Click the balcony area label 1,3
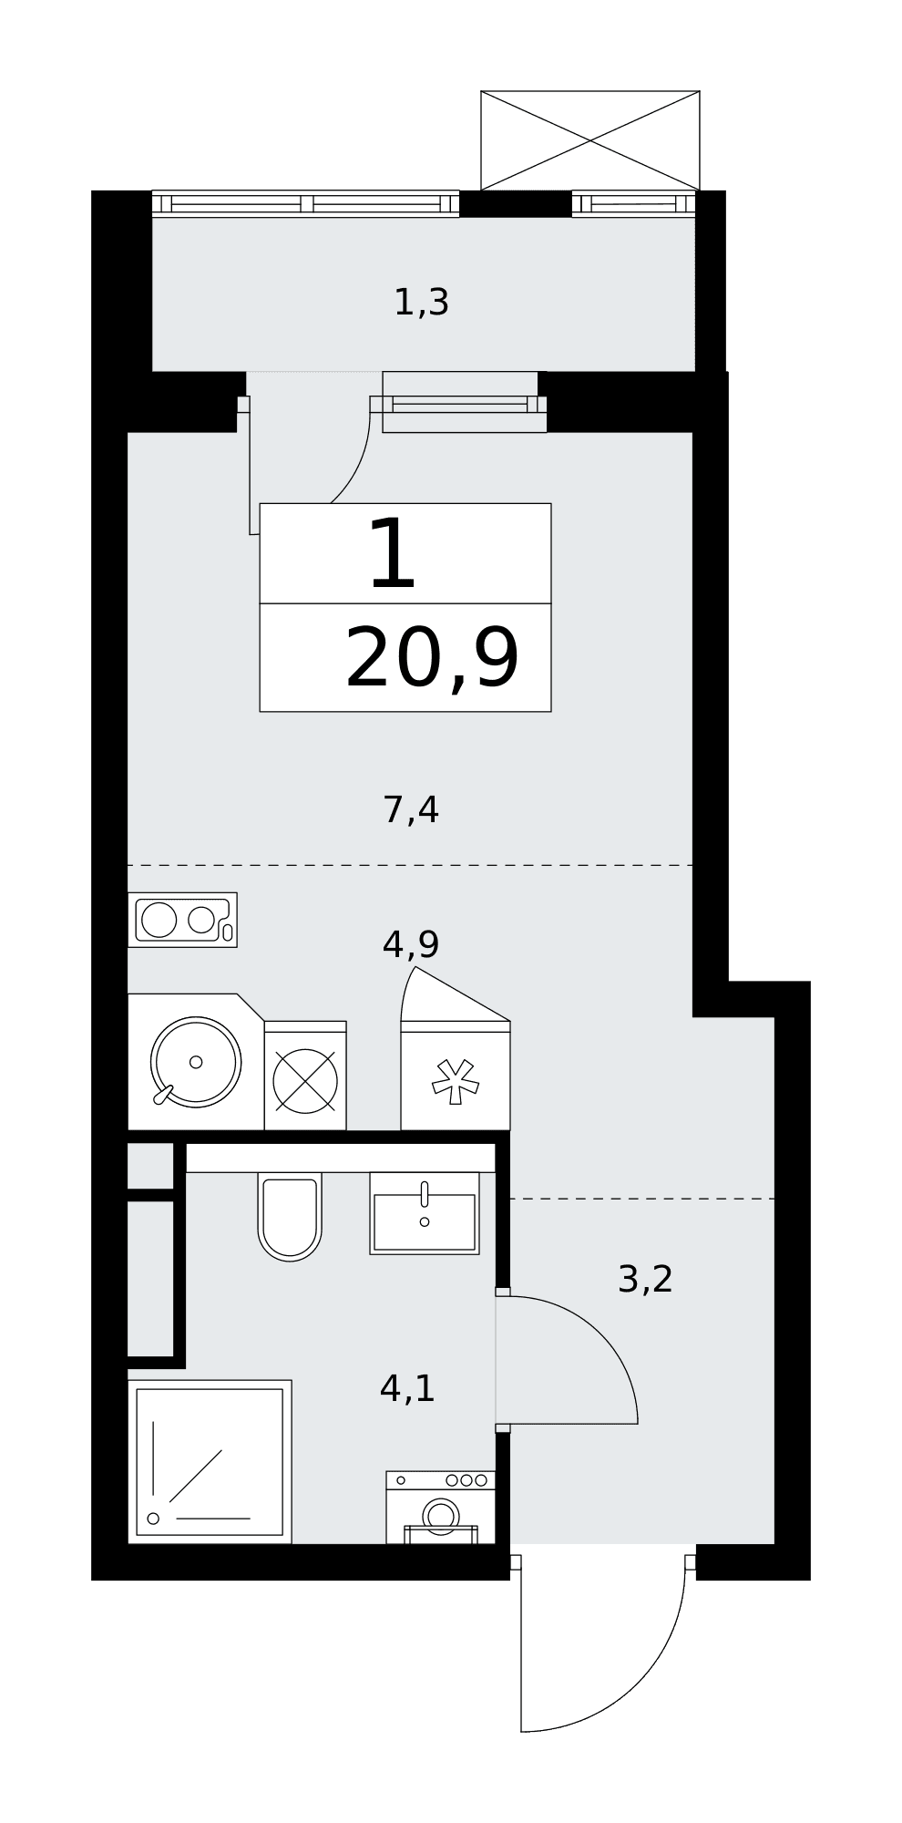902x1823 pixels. point(421,303)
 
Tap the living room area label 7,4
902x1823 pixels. point(411,809)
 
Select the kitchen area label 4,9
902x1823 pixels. point(411,944)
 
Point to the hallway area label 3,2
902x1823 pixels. point(645,1279)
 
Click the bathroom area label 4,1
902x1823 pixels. point(407,1388)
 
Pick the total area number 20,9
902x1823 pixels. point(432,658)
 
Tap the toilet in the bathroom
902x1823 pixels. point(290,1216)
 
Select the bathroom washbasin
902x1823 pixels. point(425,1213)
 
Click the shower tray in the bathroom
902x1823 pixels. point(210,1462)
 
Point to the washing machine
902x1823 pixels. point(441,1508)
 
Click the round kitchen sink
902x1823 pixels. point(196,1062)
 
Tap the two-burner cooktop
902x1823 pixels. point(182,920)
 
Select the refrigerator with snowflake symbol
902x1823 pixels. point(456,1076)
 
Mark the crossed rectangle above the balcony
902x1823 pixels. point(590,140)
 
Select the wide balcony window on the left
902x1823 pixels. point(305,203)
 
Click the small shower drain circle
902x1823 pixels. point(153,1519)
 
